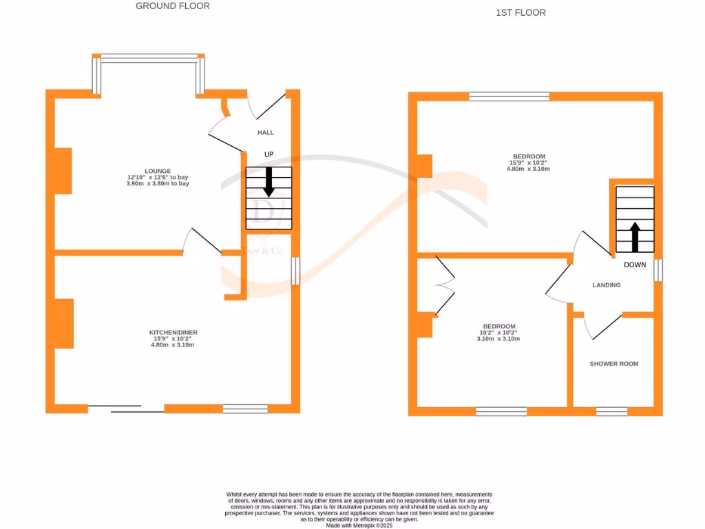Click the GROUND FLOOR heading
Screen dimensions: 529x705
click(173, 6)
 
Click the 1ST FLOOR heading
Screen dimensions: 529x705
click(520, 12)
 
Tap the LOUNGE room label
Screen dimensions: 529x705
click(158, 171)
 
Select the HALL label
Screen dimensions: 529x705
click(266, 132)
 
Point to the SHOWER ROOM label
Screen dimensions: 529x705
click(613, 364)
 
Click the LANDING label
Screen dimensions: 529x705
click(607, 285)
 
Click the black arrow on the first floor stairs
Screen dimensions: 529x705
click(635, 236)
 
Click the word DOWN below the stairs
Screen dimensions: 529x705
click(635, 264)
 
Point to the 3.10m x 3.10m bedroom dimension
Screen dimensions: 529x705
click(498, 339)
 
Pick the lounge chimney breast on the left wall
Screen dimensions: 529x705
click(63, 171)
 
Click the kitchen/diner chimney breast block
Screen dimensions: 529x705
click(64, 323)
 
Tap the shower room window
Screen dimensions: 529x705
click(611, 412)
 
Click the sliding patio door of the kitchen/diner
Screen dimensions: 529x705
click(126, 409)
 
